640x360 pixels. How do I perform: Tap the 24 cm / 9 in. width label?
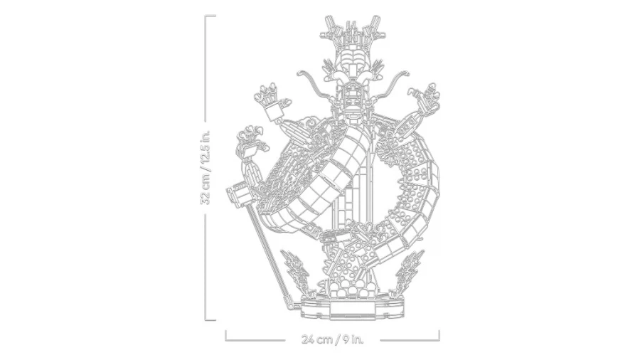tap(332, 339)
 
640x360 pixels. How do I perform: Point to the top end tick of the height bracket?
tap(210, 16)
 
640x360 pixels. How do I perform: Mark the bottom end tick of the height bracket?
tap(210, 320)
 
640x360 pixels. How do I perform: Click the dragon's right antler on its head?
tap(373, 28)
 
